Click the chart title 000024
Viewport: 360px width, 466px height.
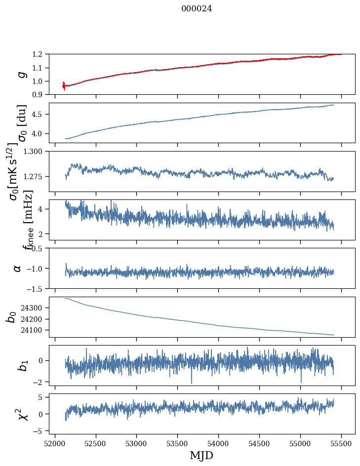point(197,8)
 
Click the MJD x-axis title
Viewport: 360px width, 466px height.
point(201,456)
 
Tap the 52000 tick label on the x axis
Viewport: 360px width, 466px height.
point(55,443)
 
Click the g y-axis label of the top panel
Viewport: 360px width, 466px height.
point(20,74)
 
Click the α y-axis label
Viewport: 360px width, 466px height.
point(18,268)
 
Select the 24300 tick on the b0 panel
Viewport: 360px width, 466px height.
point(35,308)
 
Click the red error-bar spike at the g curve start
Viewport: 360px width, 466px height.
point(64,86)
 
